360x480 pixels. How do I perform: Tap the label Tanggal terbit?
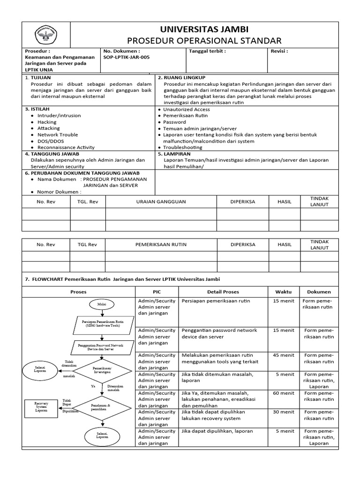tap(207, 51)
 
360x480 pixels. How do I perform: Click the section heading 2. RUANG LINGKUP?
tap(181, 77)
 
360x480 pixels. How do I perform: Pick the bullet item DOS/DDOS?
tap(51, 141)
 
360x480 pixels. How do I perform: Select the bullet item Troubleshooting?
tap(183, 147)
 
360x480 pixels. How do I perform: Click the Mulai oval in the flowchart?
tap(102, 304)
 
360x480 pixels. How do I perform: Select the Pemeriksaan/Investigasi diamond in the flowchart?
tap(102, 370)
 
